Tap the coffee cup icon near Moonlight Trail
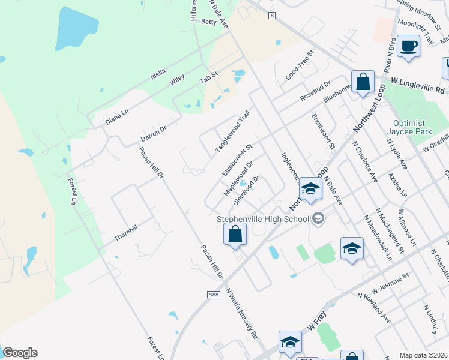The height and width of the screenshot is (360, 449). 408,46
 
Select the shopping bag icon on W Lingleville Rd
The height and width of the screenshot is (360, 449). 363,82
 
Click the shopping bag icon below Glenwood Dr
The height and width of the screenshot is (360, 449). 235,235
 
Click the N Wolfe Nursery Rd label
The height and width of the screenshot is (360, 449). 241,312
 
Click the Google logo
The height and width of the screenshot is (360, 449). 20,353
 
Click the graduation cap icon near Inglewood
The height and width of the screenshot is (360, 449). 310,188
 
